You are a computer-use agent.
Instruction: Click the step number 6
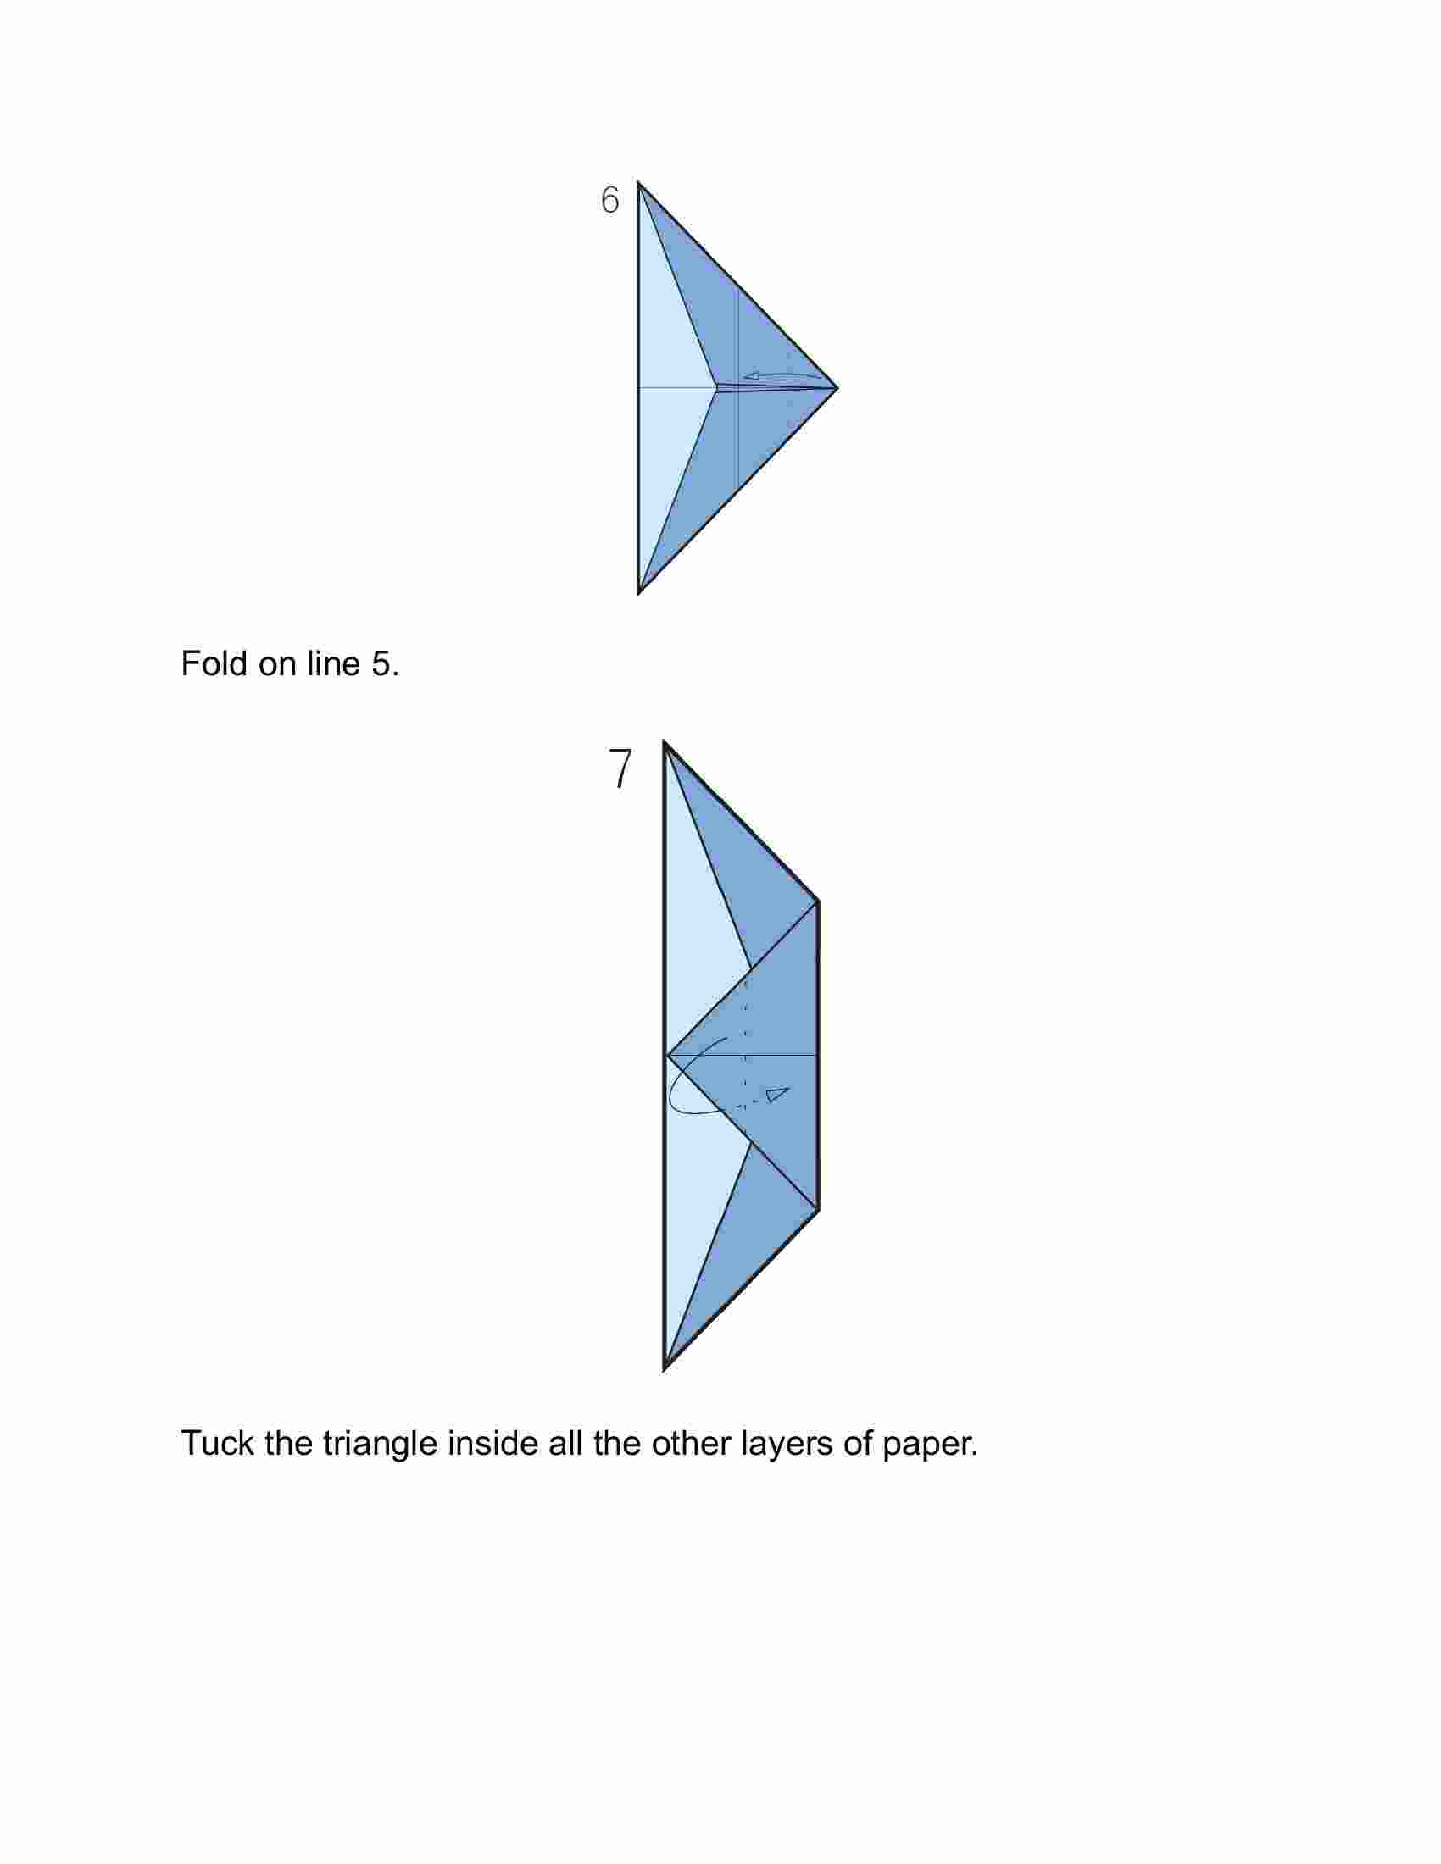[x=609, y=200]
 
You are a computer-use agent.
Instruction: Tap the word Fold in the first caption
[x=214, y=663]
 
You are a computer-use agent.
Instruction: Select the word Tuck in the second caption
[x=218, y=1442]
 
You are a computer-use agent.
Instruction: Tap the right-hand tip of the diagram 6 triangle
[x=837, y=388]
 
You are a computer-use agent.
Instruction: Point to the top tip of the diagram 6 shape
[x=638, y=183]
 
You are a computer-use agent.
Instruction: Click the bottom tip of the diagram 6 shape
[x=638, y=593]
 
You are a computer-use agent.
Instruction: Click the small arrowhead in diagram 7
[x=777, y=1093]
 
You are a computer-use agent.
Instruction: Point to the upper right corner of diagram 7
[x=818, y=901]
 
